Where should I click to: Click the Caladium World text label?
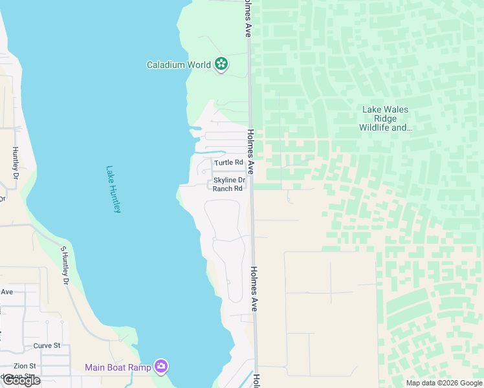[x=179, y=65]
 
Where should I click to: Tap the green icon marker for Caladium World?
[x=222, y=64]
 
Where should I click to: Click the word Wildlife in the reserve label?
[x=377, y=127]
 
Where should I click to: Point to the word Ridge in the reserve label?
[x=385, y=118]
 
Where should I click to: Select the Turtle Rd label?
[x=228, y=162]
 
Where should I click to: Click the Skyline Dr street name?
[x=229, y=180]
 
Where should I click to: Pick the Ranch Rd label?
[x=227, y=189]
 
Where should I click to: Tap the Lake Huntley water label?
[x=114, y=189]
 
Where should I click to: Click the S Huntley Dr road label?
[x=64, y=265]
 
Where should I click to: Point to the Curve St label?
[x=47, y=345]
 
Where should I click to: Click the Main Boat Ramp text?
[x=118, y=367]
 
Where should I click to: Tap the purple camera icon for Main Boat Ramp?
[x=161, y=367]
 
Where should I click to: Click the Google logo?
[x=21, y=380]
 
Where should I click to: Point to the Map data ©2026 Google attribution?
[x=444, y=383]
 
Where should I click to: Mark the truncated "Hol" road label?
[x=257, y=381]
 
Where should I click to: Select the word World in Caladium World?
[x=197, y=65]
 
